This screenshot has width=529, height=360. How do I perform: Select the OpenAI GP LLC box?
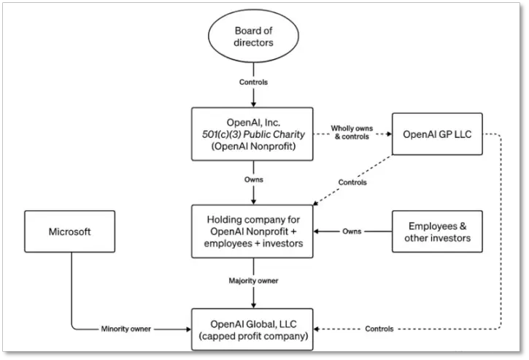[437, 134]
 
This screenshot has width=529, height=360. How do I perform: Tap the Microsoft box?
[70, 231]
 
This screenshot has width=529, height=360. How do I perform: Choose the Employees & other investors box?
[437, 231]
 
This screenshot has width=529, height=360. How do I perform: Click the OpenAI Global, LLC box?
[252, 329]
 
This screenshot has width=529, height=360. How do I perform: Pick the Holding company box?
[252, 231]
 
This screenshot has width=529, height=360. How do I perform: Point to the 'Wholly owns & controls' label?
[352, 132]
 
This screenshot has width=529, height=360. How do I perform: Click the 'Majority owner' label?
[253, 280]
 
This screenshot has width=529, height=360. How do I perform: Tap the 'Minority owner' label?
[126, 329]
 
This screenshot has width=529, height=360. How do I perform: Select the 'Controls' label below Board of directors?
[253, 82]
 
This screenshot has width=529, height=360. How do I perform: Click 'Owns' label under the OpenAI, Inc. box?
[254, 180]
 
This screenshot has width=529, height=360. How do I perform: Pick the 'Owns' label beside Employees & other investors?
[352, 231]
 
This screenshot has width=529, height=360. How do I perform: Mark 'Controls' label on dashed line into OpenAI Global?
[379, 329]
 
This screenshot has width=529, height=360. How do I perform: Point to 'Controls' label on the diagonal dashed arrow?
[352, 183]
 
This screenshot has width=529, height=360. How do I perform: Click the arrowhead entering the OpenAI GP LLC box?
[390, 134]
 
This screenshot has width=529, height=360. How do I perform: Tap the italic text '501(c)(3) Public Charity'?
[253, 134]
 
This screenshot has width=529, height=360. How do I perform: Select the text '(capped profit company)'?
[253, 337]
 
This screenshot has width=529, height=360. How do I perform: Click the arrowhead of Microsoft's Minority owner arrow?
[188, 329]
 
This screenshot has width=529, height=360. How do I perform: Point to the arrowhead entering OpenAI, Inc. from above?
[253, 104]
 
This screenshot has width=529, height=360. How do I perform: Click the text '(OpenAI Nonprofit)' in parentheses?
[253, 146]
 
